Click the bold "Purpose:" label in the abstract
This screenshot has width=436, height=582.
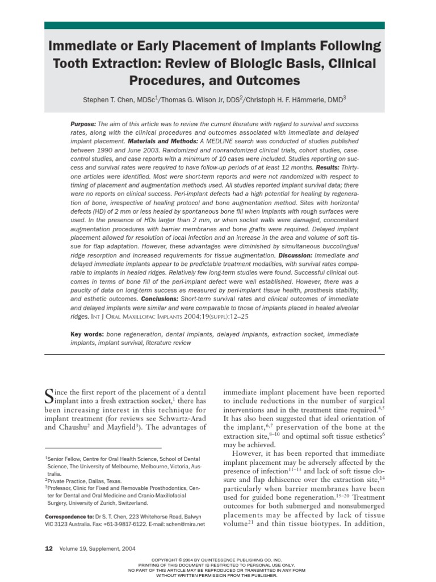(x=83, y=124)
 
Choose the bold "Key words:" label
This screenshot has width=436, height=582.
(x=88, y=334)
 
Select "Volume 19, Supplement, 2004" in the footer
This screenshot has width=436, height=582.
(x=98, y=548)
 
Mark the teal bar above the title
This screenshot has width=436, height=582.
(x=214, y=26)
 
